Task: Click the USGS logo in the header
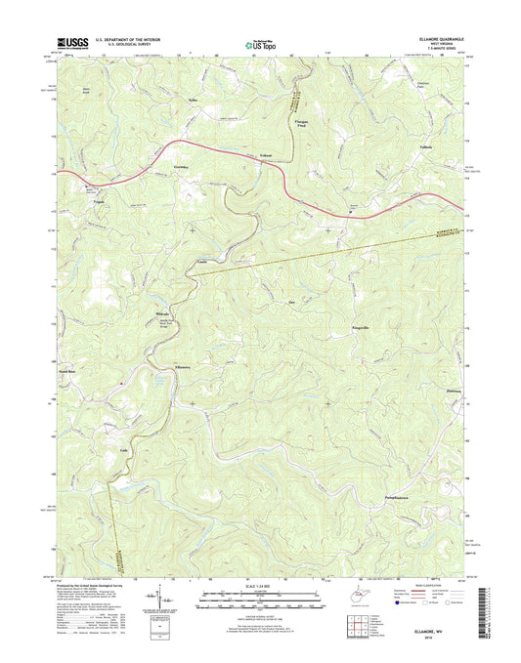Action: [72, 42]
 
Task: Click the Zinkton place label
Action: [426, 391]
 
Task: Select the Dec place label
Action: [292, 303]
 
